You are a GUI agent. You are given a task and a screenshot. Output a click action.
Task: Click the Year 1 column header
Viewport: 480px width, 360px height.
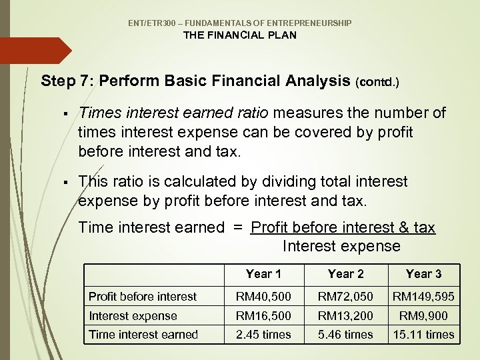click(263, 274)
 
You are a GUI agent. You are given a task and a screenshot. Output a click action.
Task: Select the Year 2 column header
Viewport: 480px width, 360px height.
click(346, 274)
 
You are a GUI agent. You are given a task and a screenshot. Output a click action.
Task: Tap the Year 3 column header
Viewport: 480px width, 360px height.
click(423, 274)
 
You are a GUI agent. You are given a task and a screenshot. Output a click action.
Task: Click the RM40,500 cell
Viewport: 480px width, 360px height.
click(263, 297)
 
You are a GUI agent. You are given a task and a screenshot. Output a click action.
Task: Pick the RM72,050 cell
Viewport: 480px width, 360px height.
click(346, 297)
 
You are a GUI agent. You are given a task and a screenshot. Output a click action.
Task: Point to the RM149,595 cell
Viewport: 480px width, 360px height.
click(423, 297)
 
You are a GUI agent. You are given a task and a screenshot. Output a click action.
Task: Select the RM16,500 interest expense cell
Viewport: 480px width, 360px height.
click(263, 316)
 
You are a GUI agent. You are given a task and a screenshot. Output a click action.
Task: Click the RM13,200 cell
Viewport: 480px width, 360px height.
click(346, 316)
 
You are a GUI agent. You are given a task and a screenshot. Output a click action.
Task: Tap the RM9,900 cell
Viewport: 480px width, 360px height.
click(423, 316)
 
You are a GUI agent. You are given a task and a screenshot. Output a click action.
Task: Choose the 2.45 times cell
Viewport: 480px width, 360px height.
click(263, 335)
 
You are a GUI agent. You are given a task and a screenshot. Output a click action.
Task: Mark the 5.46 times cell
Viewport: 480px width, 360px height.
click(346, 335)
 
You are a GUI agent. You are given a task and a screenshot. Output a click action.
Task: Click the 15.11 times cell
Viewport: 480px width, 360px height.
click(423, 335)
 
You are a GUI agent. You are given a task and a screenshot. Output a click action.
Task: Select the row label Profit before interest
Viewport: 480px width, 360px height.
click(143, 297)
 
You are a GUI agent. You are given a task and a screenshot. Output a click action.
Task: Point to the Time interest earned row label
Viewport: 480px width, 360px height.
click(143, 335)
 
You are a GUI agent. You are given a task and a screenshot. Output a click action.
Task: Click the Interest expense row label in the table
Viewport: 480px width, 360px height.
click(133, 316)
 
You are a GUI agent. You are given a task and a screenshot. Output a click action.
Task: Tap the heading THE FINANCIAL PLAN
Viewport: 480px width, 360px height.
click(240, 35)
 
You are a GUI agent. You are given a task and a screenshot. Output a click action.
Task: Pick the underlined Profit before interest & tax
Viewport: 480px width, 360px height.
click(343, 228)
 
